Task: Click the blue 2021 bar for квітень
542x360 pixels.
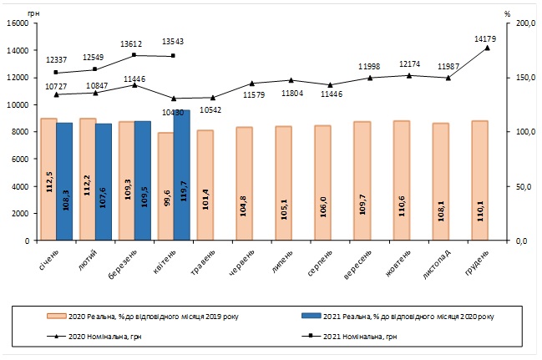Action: (182, 175)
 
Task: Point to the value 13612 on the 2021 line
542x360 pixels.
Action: (134, 43)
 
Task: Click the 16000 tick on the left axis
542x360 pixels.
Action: (19, 23)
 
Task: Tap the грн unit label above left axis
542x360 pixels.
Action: (33, 13)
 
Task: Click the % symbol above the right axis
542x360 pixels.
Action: (508, 13)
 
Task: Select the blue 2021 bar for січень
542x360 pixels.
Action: (64, 181)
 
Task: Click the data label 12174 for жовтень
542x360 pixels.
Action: (408, 63)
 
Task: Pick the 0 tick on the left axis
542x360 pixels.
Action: (28, 241)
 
